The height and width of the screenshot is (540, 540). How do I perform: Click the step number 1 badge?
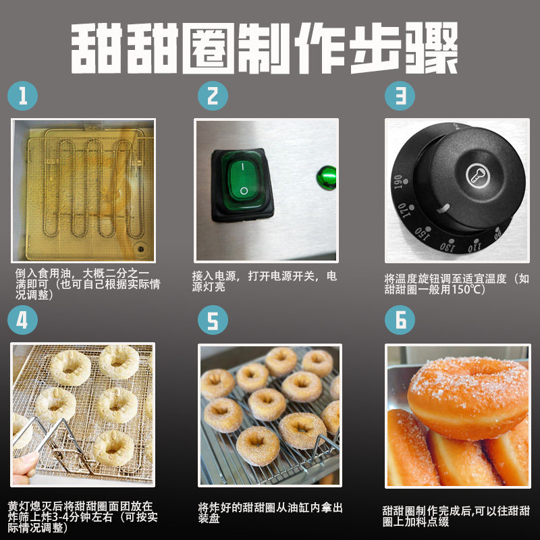24,97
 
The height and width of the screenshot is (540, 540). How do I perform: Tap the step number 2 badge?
213,97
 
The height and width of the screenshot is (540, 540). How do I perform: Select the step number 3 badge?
400,97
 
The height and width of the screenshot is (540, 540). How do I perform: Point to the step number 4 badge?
24,320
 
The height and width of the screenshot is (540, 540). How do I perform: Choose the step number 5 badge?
213,320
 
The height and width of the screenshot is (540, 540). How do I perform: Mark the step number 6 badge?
400,320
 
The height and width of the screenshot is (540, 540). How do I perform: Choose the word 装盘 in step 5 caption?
210,520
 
